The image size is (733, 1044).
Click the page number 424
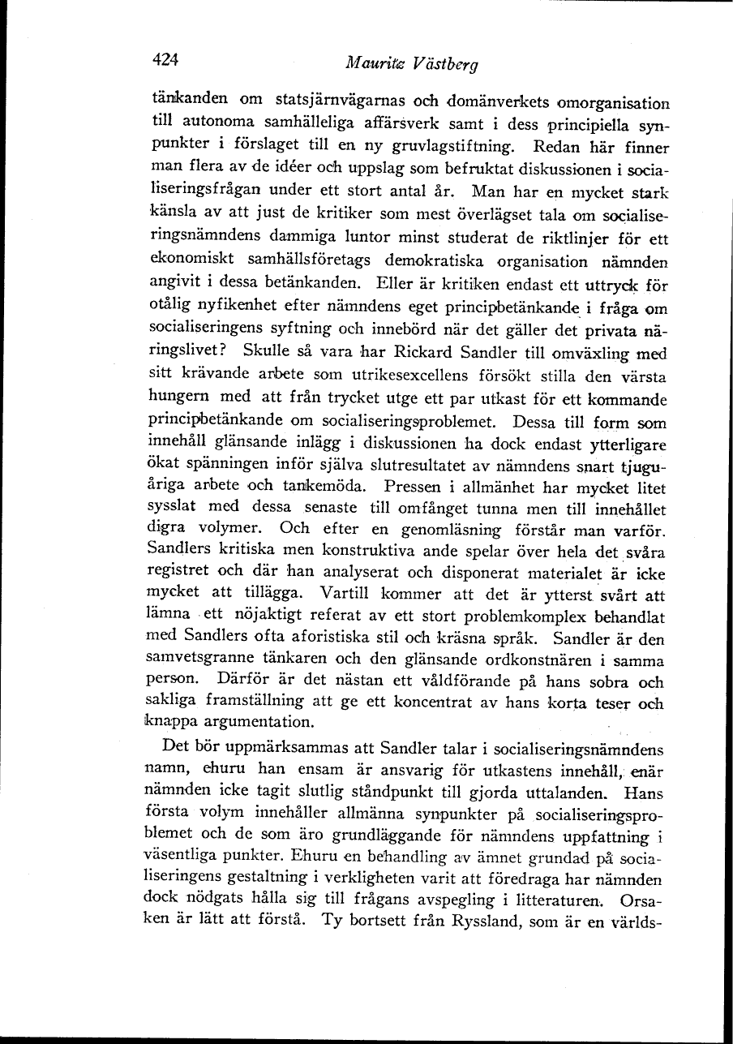pyautogui.click(x=164, y=58)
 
